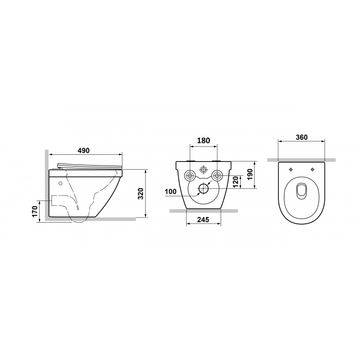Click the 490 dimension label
[83, 151]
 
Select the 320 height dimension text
[141, 193]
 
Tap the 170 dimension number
[34, 211]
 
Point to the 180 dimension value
[204, 140]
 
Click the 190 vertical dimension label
[250, 174]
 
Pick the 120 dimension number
[236, 182]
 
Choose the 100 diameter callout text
[170, 191]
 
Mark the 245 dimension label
[204, 220]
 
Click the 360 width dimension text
[301, 137]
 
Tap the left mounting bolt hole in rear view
[190, 176]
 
